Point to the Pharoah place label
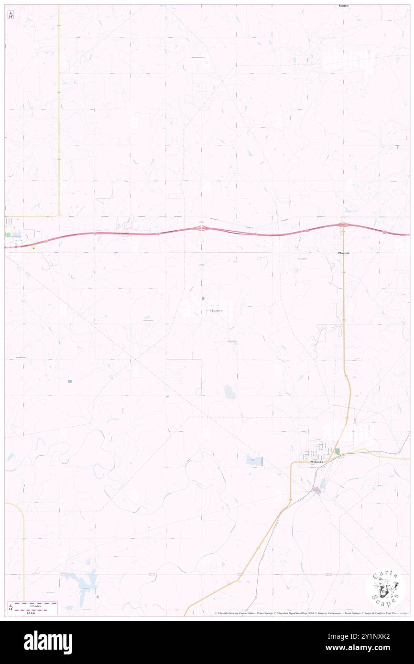(343, 253)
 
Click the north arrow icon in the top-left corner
(11, 15)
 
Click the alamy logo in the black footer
(48, 643)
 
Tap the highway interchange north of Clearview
(202, 229)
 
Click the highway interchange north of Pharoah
(343, 225)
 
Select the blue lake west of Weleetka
(254, 461)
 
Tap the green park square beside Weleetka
(337, 451)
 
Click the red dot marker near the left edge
(34, 248)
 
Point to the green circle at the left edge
(8, 234)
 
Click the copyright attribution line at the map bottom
(311, 613)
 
